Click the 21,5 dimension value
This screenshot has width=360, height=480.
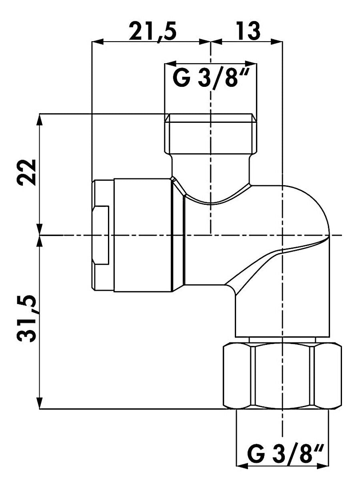(152, 31)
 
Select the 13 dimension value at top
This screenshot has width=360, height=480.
(248, 31)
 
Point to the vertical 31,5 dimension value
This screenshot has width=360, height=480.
(27, 319)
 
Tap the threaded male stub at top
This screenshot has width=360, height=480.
(210, 133)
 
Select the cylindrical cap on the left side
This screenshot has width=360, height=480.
(142, 235)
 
